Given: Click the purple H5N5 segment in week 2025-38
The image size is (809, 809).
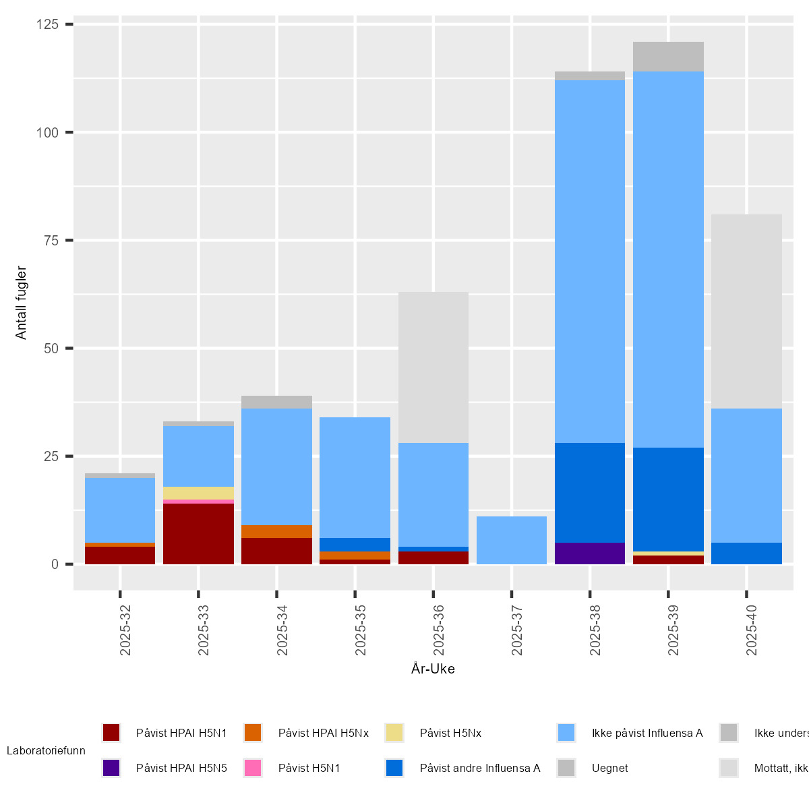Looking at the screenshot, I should pyautogui.click(x=590, y=553).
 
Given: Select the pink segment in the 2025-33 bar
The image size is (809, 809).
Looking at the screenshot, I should pyautogui.click(x=198, y=502).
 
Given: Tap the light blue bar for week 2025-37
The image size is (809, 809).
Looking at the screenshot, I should pyautogui.click(x=512, y=540).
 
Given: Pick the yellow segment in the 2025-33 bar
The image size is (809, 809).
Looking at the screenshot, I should pyautogui.click(x=198, y=493).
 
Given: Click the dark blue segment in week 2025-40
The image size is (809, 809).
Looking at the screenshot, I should pyautogui.click(x=746, y=553).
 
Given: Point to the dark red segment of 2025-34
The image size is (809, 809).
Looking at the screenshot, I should pyautogui.click(x=276, y=551).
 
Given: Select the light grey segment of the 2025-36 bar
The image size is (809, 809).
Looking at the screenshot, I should pyautogui.click(x=433, y=367).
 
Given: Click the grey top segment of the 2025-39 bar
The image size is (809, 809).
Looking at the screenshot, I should pyautogui.click(x=668, y=57).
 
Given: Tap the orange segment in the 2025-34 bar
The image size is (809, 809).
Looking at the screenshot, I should pyautogui.click(x=276, y=531).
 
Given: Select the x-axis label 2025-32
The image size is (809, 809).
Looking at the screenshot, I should pyautogui.click(x=125, y=630).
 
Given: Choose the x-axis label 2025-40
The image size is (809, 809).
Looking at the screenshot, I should pyautogui.click(x=752, y=630).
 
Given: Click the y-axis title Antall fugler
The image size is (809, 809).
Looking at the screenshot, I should pyautogui.click(x=22, y=303).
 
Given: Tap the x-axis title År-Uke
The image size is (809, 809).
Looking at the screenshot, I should pyautogui.click(x=433, y=669).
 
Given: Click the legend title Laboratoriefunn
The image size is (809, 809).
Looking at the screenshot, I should pyautogui.click(x=46, y=750).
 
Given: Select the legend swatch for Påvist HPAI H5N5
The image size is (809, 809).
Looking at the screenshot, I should pyautogui.click(x=111, y=768).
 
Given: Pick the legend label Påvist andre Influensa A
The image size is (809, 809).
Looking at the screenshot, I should pyautogui.click(x=480, y=768).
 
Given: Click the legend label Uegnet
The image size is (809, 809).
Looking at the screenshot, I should pyautogui.click(x=610, y=768).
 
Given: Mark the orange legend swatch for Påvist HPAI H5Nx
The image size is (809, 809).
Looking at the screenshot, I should pyautogui.click(x=253, y=733).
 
